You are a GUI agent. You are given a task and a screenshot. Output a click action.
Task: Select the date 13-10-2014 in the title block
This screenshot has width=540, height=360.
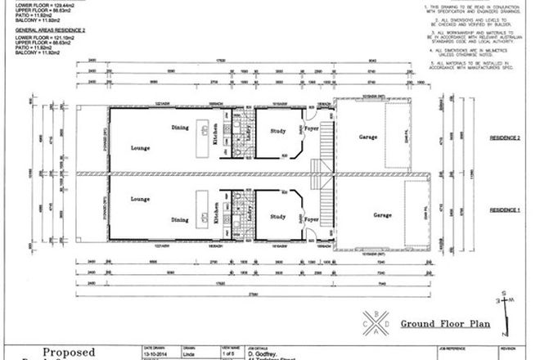(x=158, y=353)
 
